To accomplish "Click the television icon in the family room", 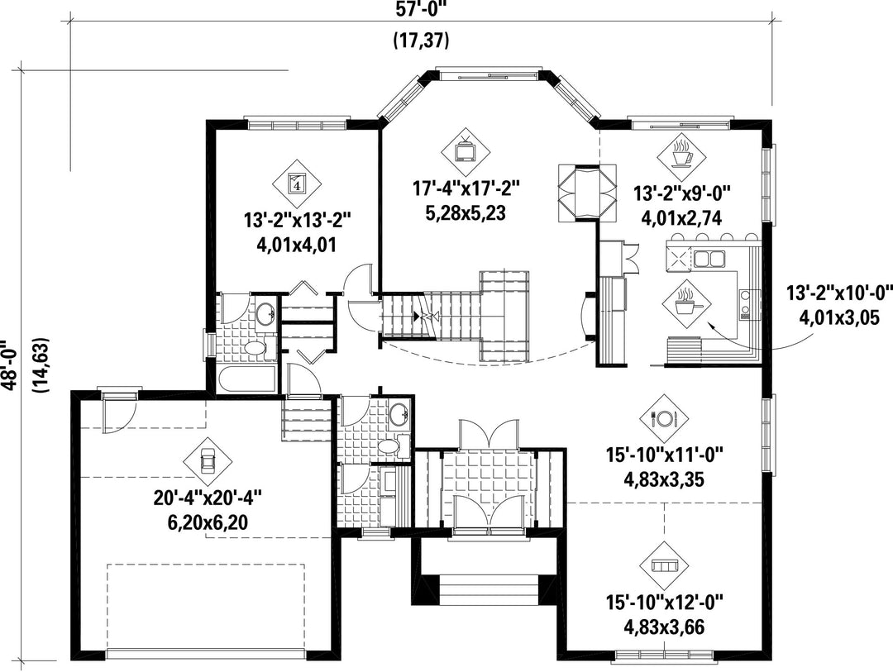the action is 466,152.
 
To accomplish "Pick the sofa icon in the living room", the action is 664,565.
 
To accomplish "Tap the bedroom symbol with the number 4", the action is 297,183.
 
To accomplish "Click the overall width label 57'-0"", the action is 422,8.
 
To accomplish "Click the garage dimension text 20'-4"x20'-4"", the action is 208,498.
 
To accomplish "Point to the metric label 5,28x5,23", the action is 466,213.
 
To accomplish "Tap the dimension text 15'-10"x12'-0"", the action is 664,602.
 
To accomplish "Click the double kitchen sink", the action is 709,259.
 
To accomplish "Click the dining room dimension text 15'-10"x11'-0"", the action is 664,455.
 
